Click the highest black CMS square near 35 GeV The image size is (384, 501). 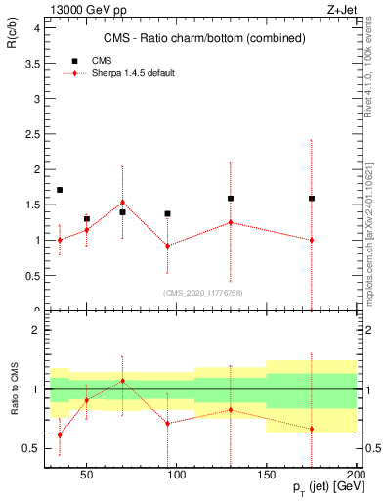[60, 190]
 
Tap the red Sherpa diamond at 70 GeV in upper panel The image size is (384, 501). [122, 203]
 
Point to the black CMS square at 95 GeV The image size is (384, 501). [167, 213]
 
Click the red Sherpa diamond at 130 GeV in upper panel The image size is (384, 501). [230, 222]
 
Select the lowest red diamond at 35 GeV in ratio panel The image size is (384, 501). [60, 434]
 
